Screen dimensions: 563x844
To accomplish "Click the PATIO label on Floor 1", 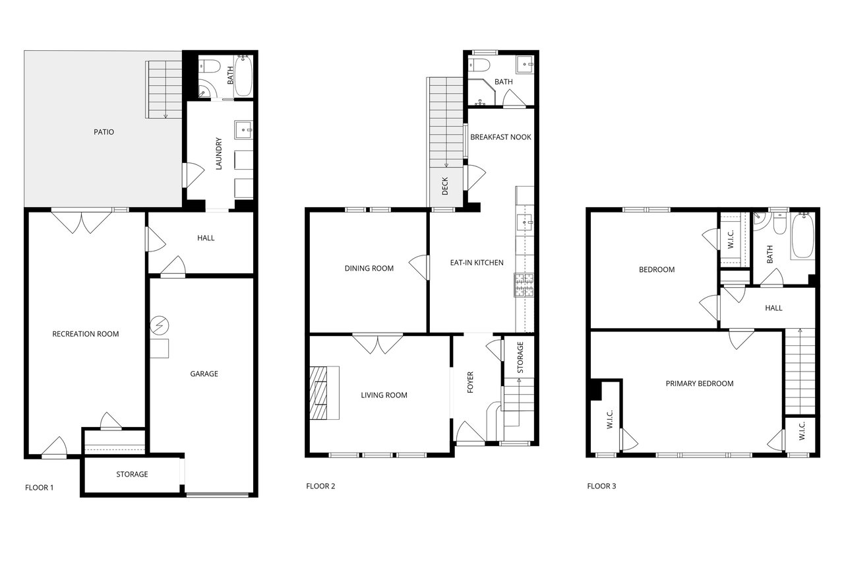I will click(x=104, y=132).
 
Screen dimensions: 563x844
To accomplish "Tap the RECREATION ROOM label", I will click(x=86, y=334).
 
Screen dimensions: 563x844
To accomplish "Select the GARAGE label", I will click(x=204, y=374).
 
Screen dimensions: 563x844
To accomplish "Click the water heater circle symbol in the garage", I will click(x=160, y=325).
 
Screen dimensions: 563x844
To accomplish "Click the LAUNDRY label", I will click(x=219, y=154).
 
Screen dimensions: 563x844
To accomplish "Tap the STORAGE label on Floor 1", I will click(x=132, y=475).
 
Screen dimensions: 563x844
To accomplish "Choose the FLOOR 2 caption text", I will click(x=320, y=487).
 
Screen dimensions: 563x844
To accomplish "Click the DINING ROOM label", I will click(x=369, y=268).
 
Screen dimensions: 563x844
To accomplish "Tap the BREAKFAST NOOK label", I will click(x=501, y=137).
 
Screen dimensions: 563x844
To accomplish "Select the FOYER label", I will click(x=471, y=383).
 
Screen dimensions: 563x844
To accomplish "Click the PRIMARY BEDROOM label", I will click(x=700, y=383).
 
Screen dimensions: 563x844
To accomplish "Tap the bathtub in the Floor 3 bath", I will click(x=802, y=235).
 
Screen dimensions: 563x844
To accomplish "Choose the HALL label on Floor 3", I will click(x=773, y=308).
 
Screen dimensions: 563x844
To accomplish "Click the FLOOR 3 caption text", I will click(x=601, y=487).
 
